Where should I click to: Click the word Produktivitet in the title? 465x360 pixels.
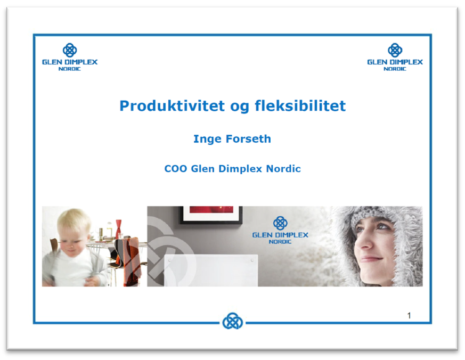click(x=172, y=106)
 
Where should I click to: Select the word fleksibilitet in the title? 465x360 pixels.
click(x=300, y=106)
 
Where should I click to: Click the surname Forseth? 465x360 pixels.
click(x=249, y=139)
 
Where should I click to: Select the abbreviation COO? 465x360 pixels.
click(x=176, y=169)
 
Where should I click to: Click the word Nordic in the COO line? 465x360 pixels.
click(x=283, y=169)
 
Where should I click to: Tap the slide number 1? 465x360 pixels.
click(x=409, y=315)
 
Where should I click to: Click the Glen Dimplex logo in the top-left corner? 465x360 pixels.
click(x=70, y=57)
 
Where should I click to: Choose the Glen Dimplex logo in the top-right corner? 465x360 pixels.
click(x=395, y=57)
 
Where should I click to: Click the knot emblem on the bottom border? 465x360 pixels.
click(x=232, y=321)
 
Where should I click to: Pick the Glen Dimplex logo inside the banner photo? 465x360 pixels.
click(x=280, y=230)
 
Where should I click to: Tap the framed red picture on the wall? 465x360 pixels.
click(x=211, y=215)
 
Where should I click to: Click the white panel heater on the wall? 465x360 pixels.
click(x=211, y=270)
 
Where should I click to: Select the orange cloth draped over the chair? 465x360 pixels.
click(x=130, y=261)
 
